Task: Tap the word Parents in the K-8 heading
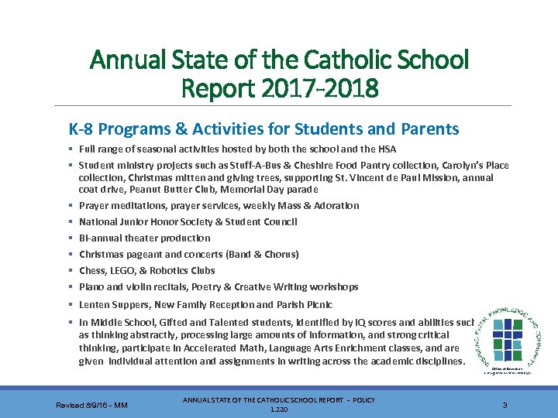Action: [429, 129]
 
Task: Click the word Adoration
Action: [335, 205]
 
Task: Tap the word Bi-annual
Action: [99, 238]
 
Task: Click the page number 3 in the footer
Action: [505, 404]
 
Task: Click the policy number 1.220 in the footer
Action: [278, 409]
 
